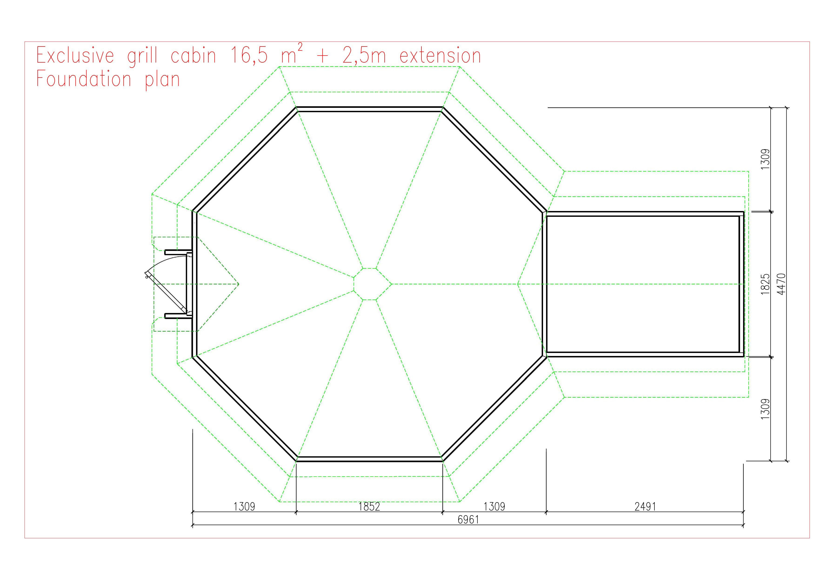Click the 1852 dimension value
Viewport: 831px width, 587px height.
point(369,506)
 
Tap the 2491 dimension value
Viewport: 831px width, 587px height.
point(645,506)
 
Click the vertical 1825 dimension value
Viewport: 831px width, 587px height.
point(765,284)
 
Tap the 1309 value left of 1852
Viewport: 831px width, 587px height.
point(244,506)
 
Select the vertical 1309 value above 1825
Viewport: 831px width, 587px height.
point(765,159)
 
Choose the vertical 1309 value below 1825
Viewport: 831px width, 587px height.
point(765,409)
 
